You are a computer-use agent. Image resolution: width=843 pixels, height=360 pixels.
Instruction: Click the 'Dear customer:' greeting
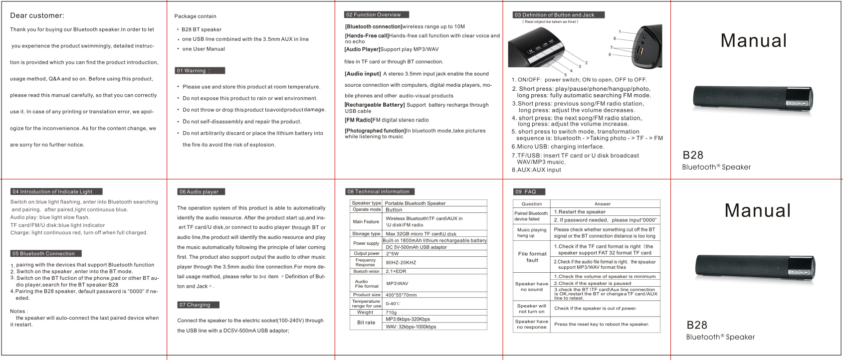point(37,16)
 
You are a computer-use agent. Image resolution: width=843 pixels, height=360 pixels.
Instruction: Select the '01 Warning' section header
point(200,71)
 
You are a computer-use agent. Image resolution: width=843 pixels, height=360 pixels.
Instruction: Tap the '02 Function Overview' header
point(376,15)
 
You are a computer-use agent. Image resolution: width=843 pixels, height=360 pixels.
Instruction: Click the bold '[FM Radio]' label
point(358,120)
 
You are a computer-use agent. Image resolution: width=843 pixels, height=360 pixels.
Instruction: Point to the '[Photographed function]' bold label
point(375,131)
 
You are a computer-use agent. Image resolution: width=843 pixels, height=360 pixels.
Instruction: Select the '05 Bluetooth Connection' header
point(45,254)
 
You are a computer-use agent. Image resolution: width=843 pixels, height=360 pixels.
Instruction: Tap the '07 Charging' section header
point(198,305)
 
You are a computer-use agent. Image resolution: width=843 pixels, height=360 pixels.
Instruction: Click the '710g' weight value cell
point(391,313)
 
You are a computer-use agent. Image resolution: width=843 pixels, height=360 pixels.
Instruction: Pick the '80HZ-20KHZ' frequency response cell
point(401,263)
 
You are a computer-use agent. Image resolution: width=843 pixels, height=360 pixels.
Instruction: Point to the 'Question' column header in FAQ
point(531,204)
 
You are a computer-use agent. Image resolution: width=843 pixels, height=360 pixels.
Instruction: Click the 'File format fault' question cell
point(532,257)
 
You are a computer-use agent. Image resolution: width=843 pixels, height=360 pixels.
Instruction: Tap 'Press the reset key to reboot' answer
point(601,324)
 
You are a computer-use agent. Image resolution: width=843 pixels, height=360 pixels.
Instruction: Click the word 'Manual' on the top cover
point(753,41)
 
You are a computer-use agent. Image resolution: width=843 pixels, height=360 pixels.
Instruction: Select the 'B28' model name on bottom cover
point(696,325)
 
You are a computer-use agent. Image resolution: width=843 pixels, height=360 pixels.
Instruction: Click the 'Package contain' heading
point(195,16)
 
